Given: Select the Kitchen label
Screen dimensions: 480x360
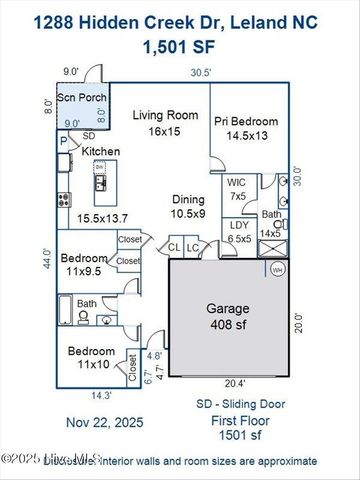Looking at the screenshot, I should point(101,151).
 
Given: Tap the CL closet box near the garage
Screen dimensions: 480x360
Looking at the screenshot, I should point(174,247).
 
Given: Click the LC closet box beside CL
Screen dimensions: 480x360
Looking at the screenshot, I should point(194,247).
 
